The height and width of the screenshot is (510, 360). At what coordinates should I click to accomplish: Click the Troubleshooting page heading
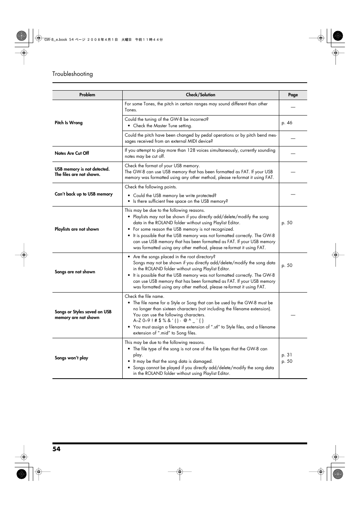72,74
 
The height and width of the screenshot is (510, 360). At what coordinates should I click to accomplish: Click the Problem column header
87,95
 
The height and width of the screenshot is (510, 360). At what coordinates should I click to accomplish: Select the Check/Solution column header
200,95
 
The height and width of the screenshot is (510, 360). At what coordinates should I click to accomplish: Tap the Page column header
293,95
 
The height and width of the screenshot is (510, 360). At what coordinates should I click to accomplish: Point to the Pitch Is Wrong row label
69,123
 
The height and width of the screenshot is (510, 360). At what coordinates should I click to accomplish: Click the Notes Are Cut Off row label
72,153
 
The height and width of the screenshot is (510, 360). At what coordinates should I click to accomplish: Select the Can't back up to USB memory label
83,194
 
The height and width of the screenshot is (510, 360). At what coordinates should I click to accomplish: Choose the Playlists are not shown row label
77,229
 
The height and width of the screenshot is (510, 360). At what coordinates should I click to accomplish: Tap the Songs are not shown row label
75,272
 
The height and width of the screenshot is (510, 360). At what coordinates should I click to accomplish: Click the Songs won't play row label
71,358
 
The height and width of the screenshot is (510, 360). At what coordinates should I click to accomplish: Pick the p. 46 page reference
287,123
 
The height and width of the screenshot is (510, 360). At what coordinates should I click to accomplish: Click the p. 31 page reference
287,355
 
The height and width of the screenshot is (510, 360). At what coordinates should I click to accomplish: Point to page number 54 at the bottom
56,449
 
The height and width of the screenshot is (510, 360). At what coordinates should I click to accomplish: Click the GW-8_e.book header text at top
55,40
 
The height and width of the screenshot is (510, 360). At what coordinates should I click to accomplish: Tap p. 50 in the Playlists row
287,223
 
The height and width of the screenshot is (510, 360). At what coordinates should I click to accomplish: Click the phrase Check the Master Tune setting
162,126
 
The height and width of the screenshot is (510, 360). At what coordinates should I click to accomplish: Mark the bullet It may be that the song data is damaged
172,361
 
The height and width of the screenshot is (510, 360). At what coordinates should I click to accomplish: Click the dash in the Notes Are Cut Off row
293,154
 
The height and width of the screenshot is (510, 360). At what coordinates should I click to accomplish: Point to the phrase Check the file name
144,296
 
